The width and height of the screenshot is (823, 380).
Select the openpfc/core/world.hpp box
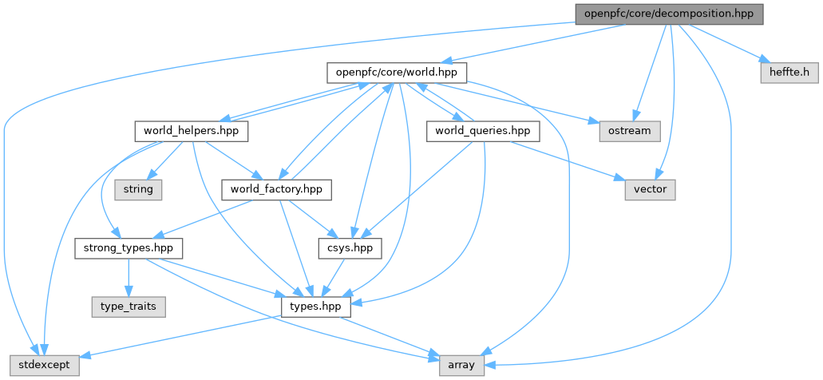click(x=396, y=73)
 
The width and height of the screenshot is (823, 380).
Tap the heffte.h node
click(x=789, y=73)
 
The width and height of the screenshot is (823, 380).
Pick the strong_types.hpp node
click(x=129, y=248)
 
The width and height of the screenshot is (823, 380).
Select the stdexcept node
click(x=40, y=365)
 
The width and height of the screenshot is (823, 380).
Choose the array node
click(x=462, y=365)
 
